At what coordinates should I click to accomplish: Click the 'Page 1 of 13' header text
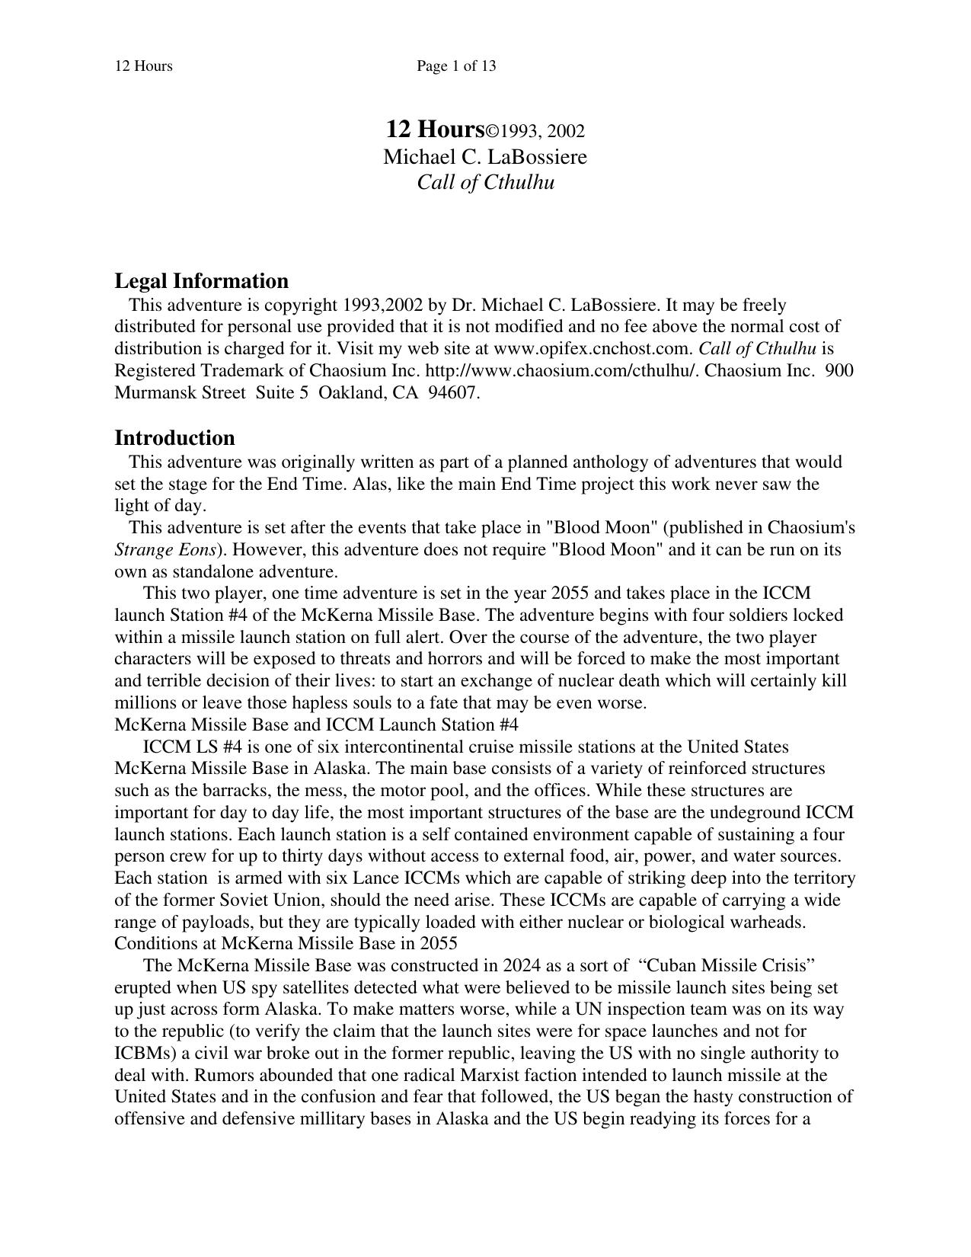456,66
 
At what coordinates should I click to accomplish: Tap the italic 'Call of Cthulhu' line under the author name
485,183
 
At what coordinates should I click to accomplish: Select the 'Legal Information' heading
201,281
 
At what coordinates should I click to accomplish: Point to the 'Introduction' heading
174,438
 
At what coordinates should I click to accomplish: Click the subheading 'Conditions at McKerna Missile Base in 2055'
286,944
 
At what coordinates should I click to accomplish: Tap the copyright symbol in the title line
493,132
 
